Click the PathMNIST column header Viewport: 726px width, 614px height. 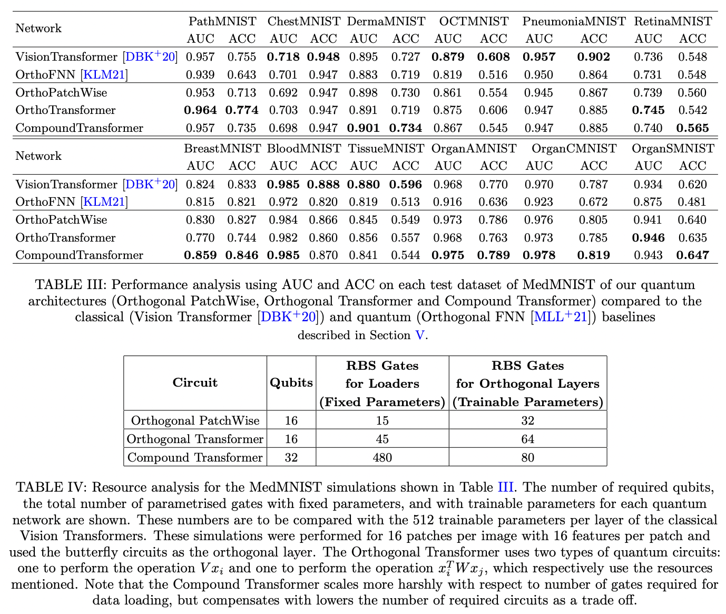click(222, 22)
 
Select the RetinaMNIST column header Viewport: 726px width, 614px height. click(673, 22)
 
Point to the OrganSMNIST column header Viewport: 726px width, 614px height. click(673, 149)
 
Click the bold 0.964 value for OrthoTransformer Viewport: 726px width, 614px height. click(200, 110)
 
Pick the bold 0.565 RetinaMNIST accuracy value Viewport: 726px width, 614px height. click(693, 128)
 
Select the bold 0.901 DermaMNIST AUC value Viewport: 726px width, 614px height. click(364, 128)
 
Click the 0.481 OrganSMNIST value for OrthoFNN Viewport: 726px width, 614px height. click(693, 202)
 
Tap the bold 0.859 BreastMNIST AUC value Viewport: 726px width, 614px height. click(200, 255)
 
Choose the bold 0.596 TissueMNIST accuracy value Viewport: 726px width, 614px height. click(406, 185)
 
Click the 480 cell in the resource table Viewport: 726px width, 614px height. click(382, 457)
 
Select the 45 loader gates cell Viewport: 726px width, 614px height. click(382, 439)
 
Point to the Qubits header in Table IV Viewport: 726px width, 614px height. click(291, 383)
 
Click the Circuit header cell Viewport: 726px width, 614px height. click(195, 383)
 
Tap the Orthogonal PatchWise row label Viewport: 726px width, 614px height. click(195, 420)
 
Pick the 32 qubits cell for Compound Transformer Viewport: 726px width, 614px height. click(291, 457)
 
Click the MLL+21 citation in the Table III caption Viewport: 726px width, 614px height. click(560, 317)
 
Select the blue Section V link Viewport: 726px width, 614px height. click(420, 335)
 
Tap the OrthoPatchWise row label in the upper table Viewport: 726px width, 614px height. click(61, 93)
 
